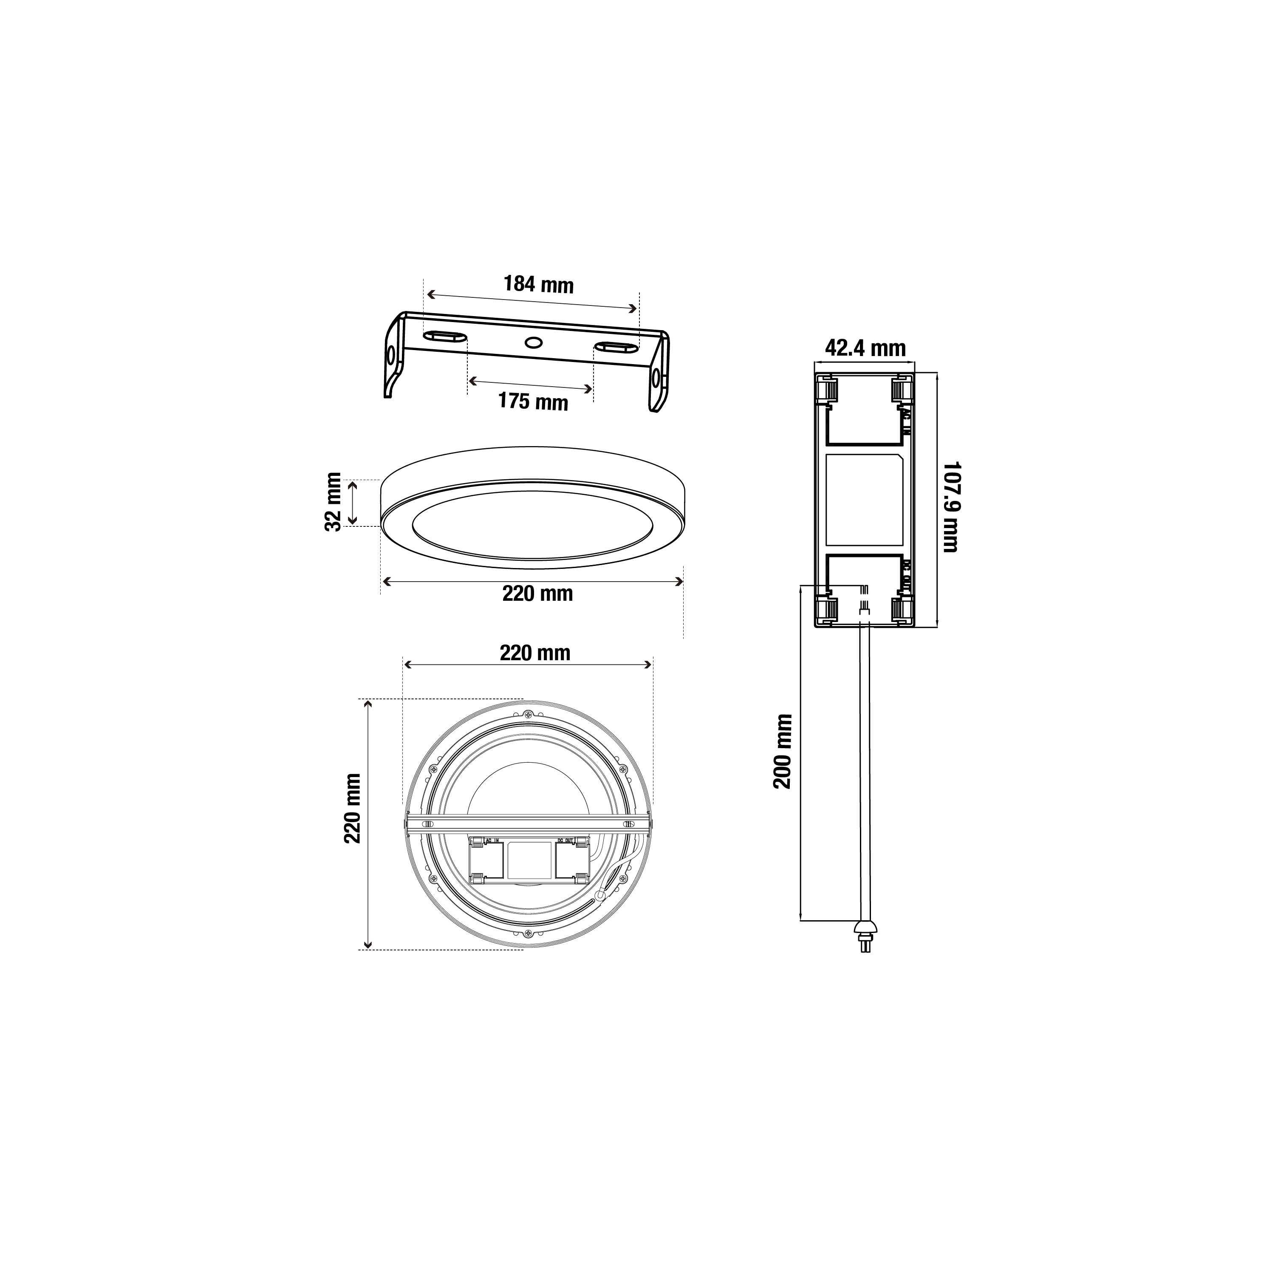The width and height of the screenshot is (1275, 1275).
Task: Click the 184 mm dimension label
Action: (x=539, y=284)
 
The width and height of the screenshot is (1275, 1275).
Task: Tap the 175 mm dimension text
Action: (x=533, y=401)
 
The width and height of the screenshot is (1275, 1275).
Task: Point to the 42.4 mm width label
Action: (x=865, y=348)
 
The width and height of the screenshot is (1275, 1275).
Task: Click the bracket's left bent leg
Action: (x=394, y=360)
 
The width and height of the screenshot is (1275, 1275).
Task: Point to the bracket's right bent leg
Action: (x=658, y=379)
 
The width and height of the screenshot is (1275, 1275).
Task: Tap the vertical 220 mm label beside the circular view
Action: (x=352, y=809)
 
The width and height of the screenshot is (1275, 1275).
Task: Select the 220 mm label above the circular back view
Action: (x=534, y=653)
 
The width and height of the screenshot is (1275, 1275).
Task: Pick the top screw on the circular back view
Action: (x=528, y=714)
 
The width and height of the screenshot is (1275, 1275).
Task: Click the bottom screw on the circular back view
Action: (x=528, y=934)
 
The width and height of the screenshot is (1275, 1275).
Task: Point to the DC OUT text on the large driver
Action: (x=906, y=574)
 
